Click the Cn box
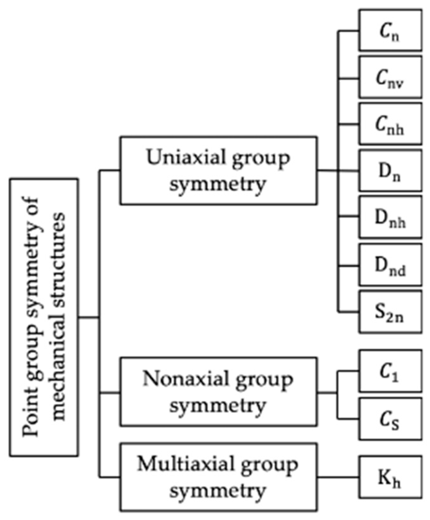(x=390, y=30)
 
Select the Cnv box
(x=390, y=77)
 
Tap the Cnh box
(x=390, y=124)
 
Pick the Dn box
(x=390, y=171)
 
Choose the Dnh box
(x=390, y=217)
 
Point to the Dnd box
(x=390, y=264)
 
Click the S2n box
(x=390, y=312)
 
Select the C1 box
(x=390, y=371)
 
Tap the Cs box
(x=390, y=419)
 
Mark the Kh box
(x=390, y=477)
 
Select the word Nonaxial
(x=185, y=379)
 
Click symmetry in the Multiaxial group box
(x=218, y=491)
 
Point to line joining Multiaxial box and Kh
(x=338, y=477)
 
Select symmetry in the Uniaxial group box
(x=218, y=184)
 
